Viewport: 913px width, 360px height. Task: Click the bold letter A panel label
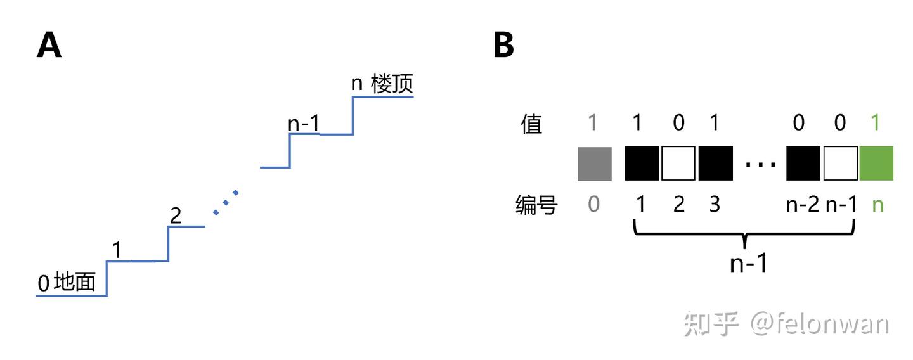coord(49,46)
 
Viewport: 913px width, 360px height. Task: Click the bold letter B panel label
coord(503,46)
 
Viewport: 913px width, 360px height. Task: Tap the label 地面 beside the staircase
coord(75,282)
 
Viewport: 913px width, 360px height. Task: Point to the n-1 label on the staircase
coord(303,124)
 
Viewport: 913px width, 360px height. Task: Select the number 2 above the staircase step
coord(176,215)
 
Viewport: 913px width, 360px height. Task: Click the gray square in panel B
coord(595,164)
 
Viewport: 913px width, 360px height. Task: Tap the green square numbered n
coord(876,164)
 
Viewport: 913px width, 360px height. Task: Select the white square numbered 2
coord(679,164)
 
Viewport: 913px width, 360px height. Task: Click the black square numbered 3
coord(715,164)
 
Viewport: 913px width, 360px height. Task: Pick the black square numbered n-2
coord(803,164)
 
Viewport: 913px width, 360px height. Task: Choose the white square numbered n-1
coord(840,164)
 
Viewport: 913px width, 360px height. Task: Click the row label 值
coord(531,124)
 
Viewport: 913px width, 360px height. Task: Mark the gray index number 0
coord(593,205)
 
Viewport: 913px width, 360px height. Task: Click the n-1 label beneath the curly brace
coord(748,262)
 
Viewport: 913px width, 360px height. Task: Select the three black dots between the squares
coord(760,165)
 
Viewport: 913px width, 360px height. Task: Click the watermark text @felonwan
coord(819,324)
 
